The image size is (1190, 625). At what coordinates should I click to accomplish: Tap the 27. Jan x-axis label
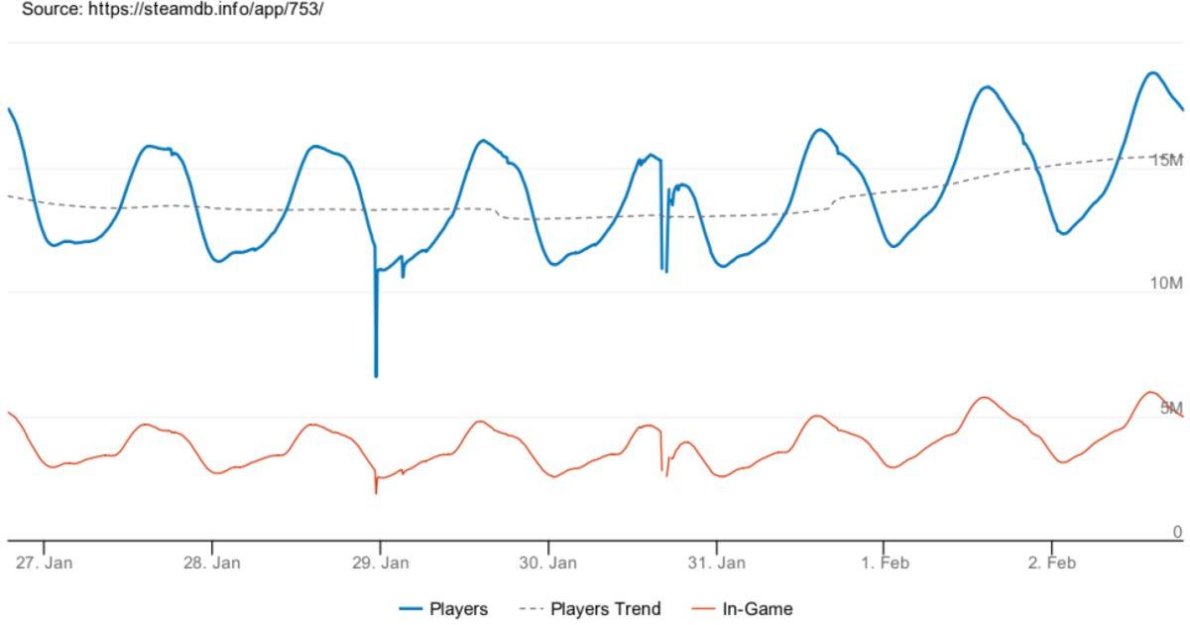click(45, 562)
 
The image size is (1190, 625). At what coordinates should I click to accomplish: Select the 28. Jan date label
click(212, 562)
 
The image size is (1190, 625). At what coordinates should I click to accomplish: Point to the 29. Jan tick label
click(381, 562)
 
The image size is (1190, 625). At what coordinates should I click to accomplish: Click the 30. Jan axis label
click(548, 562)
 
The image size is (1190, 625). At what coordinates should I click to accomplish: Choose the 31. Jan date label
click(717, 562)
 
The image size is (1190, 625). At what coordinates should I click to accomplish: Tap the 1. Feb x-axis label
click(885, 562)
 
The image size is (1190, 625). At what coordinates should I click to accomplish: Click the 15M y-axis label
click(1166, 161)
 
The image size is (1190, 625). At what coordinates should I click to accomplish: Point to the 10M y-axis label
click(1166, 284)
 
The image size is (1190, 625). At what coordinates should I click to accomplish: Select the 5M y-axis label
click(1171, 408)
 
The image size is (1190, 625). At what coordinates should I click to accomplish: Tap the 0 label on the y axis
click(1177, 532)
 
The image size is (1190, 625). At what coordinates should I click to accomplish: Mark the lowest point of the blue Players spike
click(376, 376)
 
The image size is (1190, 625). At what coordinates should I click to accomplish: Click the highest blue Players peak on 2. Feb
click(1152, 72)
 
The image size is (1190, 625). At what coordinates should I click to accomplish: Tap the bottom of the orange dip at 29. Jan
click(376, 492)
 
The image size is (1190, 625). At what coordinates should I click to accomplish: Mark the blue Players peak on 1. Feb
click(987, 86)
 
